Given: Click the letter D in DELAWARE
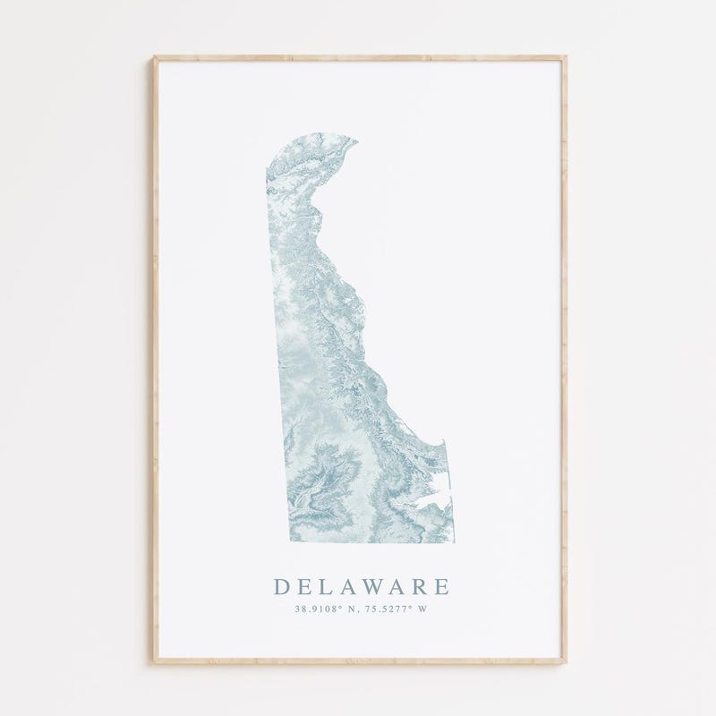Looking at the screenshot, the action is (x=282, y=587).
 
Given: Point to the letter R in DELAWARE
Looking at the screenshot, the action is (x=415, y=587).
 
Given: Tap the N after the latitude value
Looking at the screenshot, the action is (x=348, y=610).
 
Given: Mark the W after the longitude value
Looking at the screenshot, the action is (x=423, y=610).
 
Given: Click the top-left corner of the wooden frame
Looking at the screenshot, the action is (x=154, y=57).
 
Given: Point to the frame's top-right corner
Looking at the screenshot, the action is (x=565, y=57).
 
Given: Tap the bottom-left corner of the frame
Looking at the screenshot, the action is (x=154, y=661).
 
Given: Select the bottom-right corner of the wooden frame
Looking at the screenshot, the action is (x=565, y=661).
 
